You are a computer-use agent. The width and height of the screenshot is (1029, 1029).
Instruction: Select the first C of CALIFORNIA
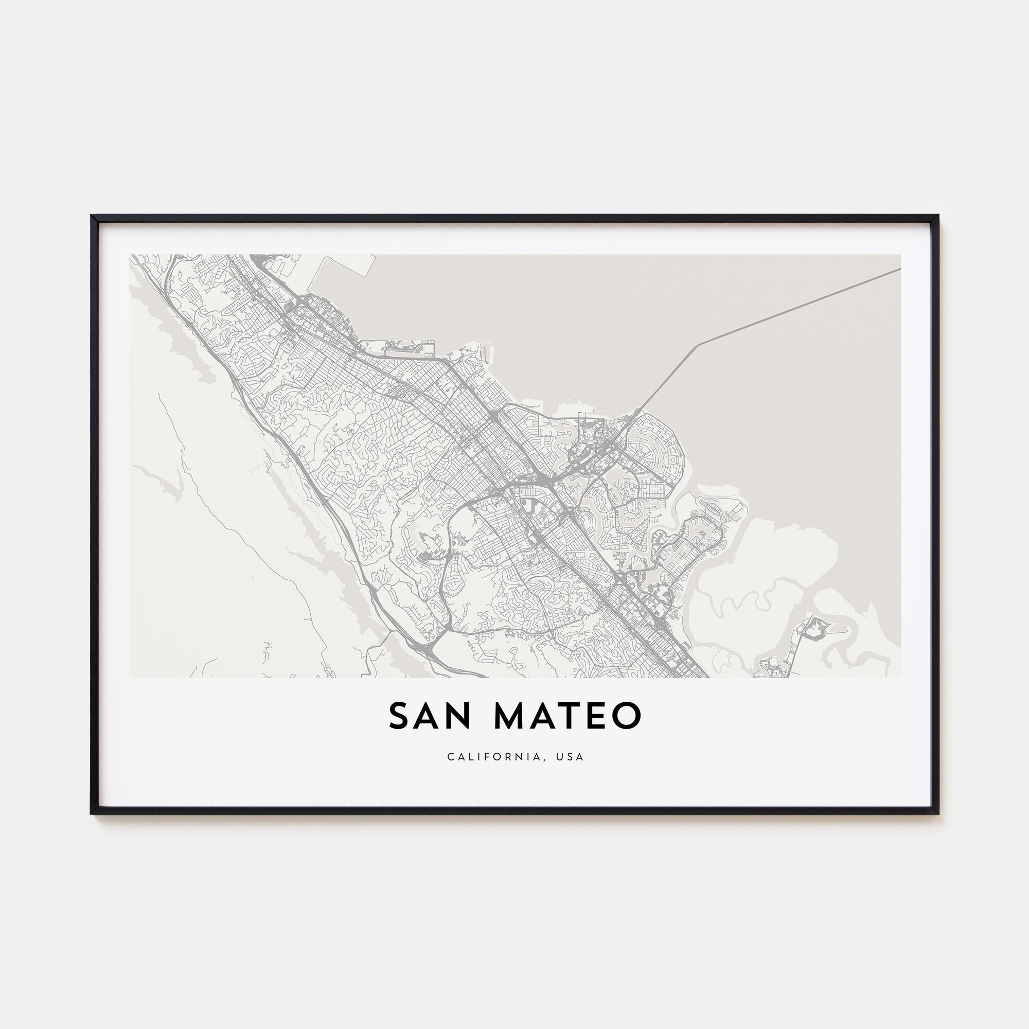451,757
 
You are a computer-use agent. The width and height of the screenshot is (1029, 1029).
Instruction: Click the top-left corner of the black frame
92,216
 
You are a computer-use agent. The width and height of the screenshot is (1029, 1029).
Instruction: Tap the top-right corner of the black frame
938,216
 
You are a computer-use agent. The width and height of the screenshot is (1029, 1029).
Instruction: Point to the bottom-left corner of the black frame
92,814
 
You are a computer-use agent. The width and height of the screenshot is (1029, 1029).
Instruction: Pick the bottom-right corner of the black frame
938,814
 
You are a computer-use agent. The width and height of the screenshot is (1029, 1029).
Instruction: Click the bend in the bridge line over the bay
697,345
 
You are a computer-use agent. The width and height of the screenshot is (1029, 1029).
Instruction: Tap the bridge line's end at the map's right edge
899,269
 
